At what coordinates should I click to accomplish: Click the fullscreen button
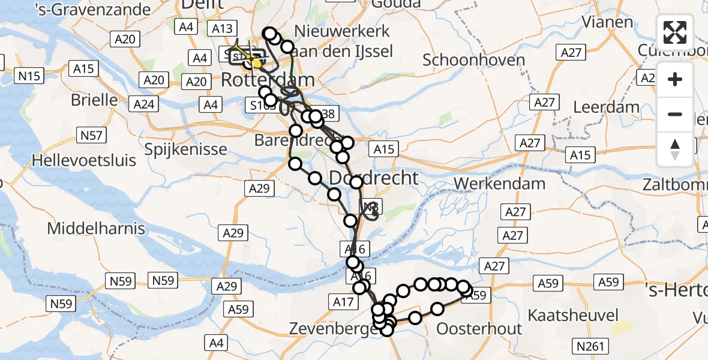(x=675, y=32)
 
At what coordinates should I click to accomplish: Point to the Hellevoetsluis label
(x=84, y=160)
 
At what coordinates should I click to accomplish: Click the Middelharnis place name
(x=96, y=229)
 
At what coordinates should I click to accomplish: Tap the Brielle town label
(x=94, y=100)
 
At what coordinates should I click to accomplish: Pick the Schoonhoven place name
(x=474, y=60)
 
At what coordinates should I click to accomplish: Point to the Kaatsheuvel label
(x=573, y=315)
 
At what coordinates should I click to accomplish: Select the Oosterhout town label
(x=479, y=329)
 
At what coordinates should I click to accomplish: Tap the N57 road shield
(x=91, y=136)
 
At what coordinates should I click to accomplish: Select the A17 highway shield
(x=343, y=302)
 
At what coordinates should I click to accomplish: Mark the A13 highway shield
(x=222, y=28)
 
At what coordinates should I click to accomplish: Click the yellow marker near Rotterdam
(x=257, y=63)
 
